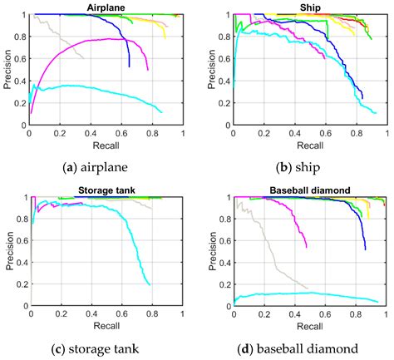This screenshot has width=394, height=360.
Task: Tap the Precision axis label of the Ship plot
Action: point(212,69)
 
